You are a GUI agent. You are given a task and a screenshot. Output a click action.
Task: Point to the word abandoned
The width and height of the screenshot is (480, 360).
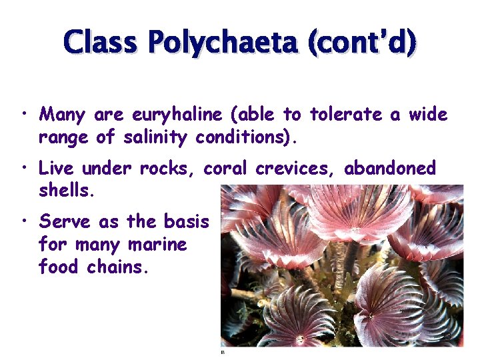pyautogui.click(x=390, y=168)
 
